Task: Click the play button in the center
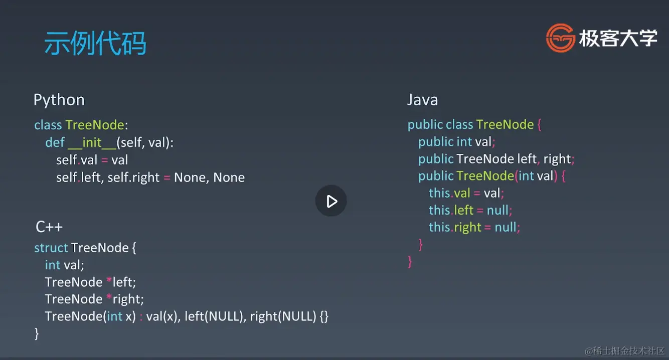click(331, 201)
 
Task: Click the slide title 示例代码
click(95, 43)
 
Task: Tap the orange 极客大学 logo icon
click(560, 38)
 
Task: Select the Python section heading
click(59, 100)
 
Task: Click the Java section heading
click(422, 100)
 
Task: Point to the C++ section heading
click(49, 227)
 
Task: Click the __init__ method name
click(91, 143)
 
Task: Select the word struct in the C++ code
click(51, 248)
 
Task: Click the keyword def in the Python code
click(55, 143)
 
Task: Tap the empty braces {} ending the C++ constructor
click(323, 316)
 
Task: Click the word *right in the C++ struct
click(125, 299)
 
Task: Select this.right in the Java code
click(455, 227)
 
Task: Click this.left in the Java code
click(451, 210)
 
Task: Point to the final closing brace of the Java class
click(410, 261)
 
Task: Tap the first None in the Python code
click(190, 177)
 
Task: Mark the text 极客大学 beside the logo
click(618, 38)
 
